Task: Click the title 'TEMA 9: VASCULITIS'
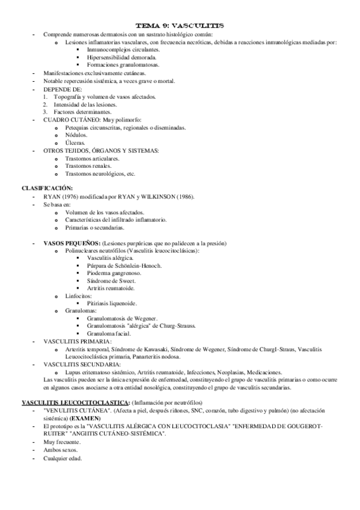point(180,26)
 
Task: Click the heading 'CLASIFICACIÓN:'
point(47,188)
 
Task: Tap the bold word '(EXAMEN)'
point(86,417)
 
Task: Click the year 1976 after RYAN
point(68,197)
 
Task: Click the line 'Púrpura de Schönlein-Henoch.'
point(124,265)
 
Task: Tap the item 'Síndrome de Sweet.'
point(112,281)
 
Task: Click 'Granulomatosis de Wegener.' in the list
point(123,318)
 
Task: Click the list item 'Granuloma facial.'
point(110,333)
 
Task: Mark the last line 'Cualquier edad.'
point(63,458)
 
